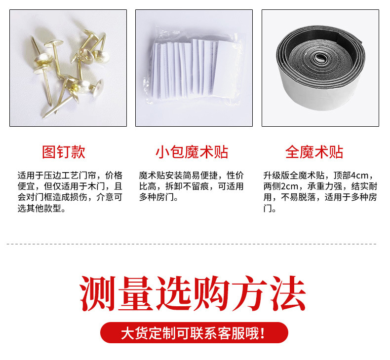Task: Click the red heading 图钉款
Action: click(x=64, y=152)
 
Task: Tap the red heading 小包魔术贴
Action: click(x=192, y=152)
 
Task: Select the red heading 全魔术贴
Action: click(x=314, y=152)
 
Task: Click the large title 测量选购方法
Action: click(x=193, y=293)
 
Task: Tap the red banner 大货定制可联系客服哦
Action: click(x=194, y=333)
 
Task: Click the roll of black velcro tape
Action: click(x=320, y=68)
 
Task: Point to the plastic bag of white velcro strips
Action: click(x=194, y=67)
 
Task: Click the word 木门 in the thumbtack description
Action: click(x=96, y=186)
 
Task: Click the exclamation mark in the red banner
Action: click(x=262, y=333)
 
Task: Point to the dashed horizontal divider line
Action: click(x=192, y=244)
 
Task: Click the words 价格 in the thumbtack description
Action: click(x=114, y=176)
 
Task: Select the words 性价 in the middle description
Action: click(x=235, y=176)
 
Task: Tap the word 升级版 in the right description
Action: click(x=276, y=176)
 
